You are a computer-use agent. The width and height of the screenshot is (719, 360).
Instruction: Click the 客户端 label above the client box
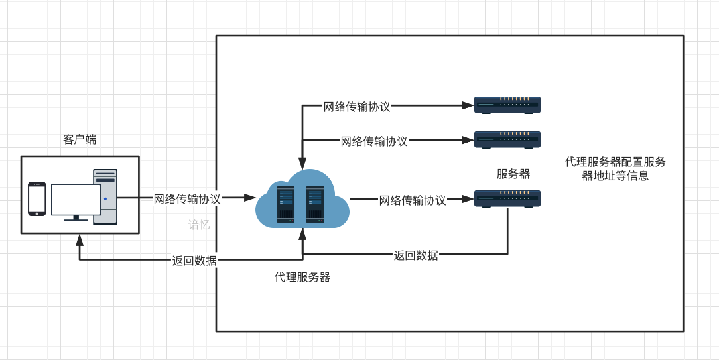(80, 139)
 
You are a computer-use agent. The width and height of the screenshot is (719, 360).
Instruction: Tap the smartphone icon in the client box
(37, 198)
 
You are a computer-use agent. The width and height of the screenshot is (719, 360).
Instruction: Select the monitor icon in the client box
(76, 202)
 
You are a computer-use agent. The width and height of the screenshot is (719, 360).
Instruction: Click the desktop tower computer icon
(105, 197)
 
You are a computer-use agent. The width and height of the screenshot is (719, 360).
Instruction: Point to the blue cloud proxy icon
(302, 200)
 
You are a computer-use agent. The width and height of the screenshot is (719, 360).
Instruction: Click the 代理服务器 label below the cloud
(302, 277)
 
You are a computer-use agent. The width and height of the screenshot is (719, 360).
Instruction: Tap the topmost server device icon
(507, 105)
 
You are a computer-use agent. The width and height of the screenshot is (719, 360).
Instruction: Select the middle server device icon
(507, 139)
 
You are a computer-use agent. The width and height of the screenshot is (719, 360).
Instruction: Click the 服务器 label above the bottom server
(513, 174)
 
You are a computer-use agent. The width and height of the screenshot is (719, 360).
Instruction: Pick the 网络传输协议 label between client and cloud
(187, 198)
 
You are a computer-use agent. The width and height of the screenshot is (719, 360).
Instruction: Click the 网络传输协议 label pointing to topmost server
(357, 106)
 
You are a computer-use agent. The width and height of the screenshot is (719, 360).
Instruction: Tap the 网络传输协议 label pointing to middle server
(374, 141)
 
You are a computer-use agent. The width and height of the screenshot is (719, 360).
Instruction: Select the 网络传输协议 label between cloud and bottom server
(413, 200)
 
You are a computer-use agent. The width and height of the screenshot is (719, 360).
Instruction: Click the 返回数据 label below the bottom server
(416, 255)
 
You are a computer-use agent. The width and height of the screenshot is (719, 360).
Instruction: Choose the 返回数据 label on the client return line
(194, 261)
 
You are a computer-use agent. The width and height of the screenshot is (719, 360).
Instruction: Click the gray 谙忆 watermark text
(199, 225)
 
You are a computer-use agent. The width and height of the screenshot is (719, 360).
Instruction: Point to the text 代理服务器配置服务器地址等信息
(615, 169)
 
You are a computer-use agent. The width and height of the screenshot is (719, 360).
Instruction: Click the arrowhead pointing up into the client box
(80, 239)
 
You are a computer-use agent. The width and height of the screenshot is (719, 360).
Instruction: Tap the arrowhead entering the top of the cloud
(302, 163)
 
